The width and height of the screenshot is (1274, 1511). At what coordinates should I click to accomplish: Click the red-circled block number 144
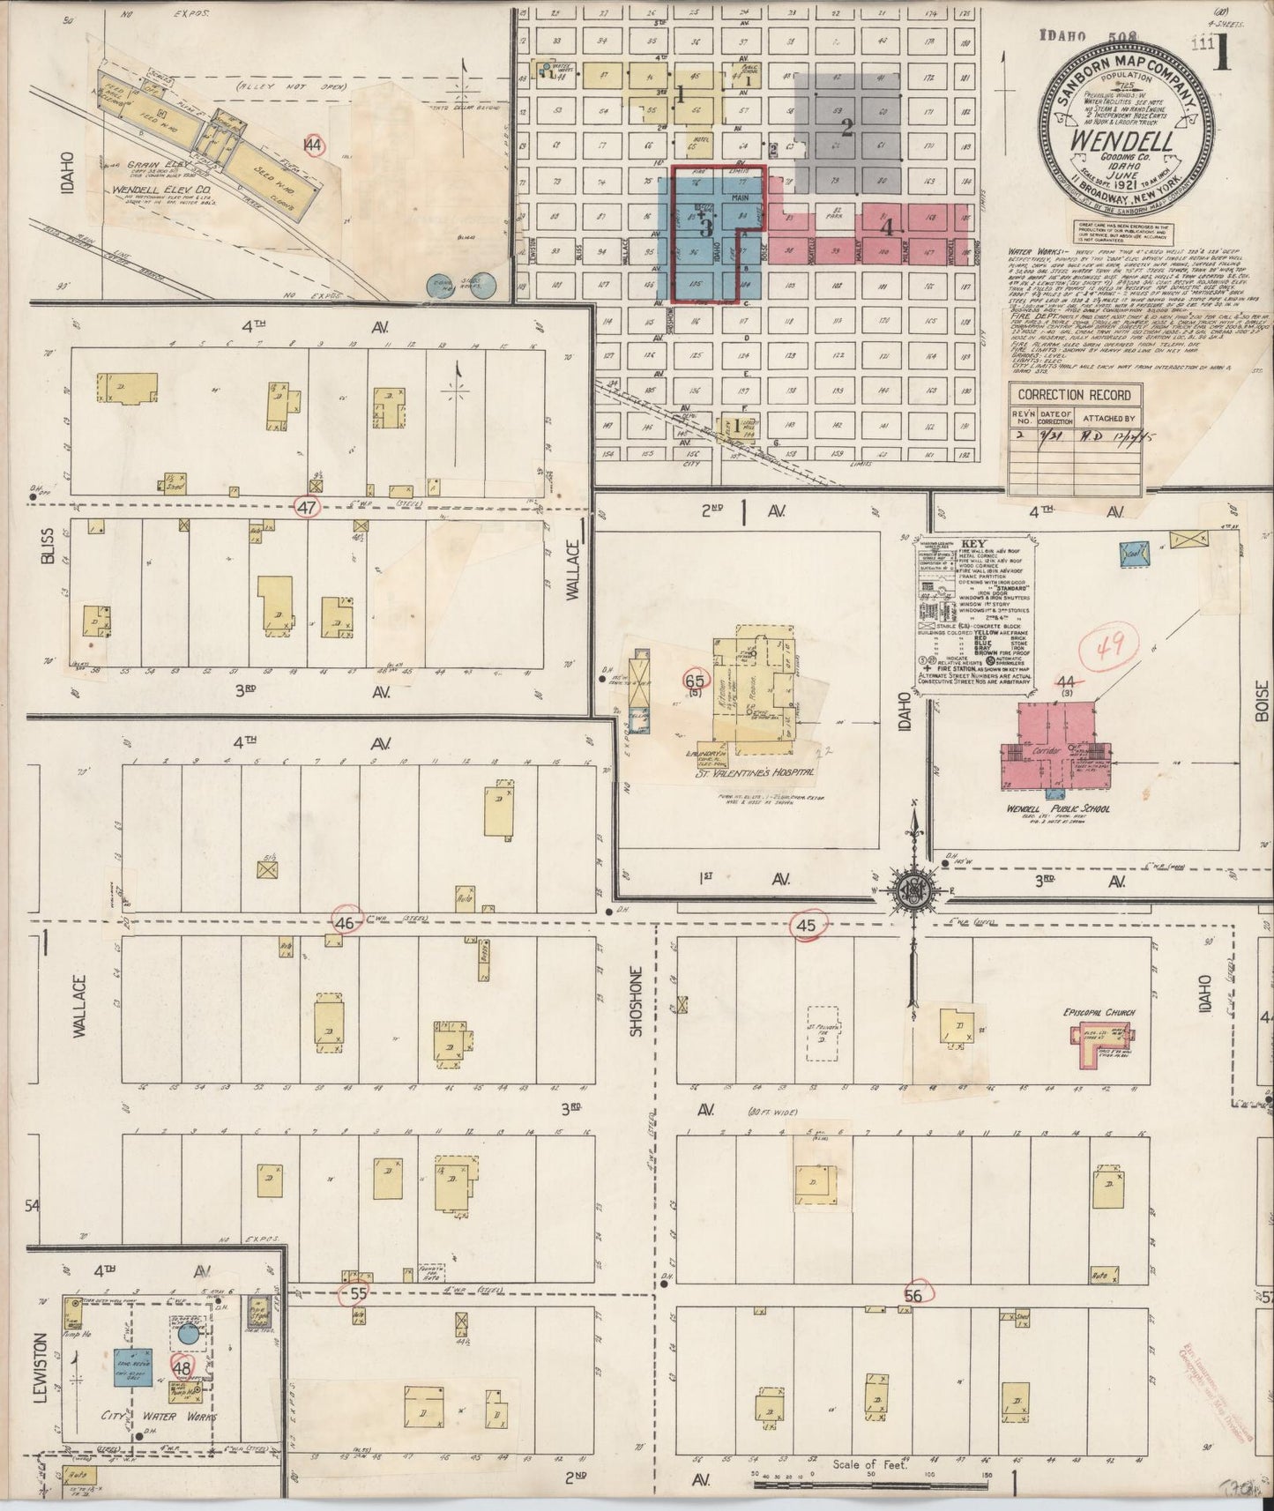click(x=312, y=145)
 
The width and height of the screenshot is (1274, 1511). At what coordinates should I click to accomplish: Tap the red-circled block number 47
click(x=307, y=508)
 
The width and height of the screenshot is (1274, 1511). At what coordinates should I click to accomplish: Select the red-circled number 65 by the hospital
click(x=695, y=680)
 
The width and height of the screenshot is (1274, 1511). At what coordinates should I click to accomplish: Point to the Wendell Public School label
click(x=1058, y=808)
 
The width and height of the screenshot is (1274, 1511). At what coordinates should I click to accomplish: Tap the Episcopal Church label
click(x=1098, y=1013)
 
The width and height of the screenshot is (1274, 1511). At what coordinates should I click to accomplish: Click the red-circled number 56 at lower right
click(x=913, y=1295)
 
